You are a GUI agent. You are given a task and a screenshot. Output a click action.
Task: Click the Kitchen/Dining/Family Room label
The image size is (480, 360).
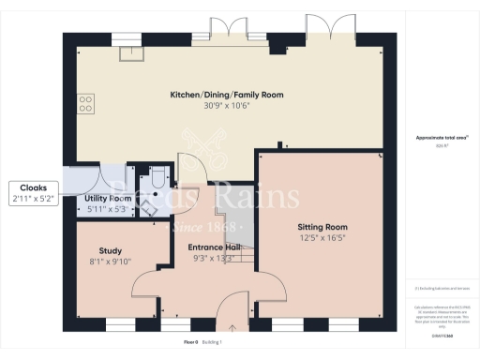(x=226, y=95)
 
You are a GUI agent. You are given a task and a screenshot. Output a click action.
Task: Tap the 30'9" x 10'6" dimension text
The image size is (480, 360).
(x=226, y=106)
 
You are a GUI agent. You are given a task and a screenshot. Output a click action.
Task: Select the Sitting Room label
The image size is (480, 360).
(x=322, y=227)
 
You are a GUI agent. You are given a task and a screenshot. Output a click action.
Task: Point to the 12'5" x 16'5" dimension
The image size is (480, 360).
(x=322, y=238)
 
